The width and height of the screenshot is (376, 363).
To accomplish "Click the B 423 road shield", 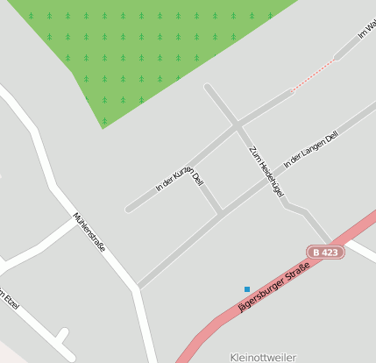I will coord(325,253).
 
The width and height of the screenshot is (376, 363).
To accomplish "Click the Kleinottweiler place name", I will coord(263,357).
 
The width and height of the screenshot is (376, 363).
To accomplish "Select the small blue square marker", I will coord(247,289).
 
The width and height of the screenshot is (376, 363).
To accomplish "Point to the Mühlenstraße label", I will coord(89,232).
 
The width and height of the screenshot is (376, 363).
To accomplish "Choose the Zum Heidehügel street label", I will coord(266,171).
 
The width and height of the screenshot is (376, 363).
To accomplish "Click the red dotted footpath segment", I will coord(313,75).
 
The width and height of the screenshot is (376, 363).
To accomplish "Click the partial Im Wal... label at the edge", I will coord(366,30).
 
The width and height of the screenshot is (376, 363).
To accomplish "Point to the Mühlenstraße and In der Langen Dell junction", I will coord(138,287).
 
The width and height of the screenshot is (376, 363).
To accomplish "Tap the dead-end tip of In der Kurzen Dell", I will coord(128,210).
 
